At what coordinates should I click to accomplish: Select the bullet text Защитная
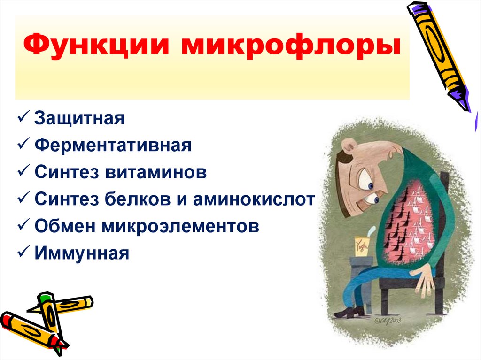coord(79,118)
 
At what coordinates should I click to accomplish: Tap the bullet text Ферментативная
coord(113,145)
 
